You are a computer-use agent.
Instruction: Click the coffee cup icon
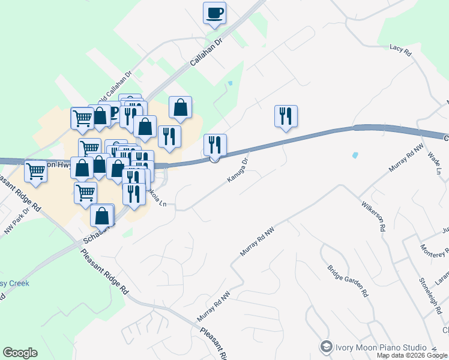(214, 13)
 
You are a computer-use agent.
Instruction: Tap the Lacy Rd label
(400, 50)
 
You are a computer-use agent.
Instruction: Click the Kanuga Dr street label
(238, 170)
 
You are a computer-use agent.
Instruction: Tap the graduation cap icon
(326, 347)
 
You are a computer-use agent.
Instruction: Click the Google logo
(20, 353)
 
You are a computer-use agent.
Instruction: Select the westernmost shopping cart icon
(35, 170)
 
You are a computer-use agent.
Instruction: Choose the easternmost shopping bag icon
(180, 107)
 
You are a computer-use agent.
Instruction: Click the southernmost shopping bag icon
(103, 215)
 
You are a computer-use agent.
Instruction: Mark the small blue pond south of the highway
(355, 155)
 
